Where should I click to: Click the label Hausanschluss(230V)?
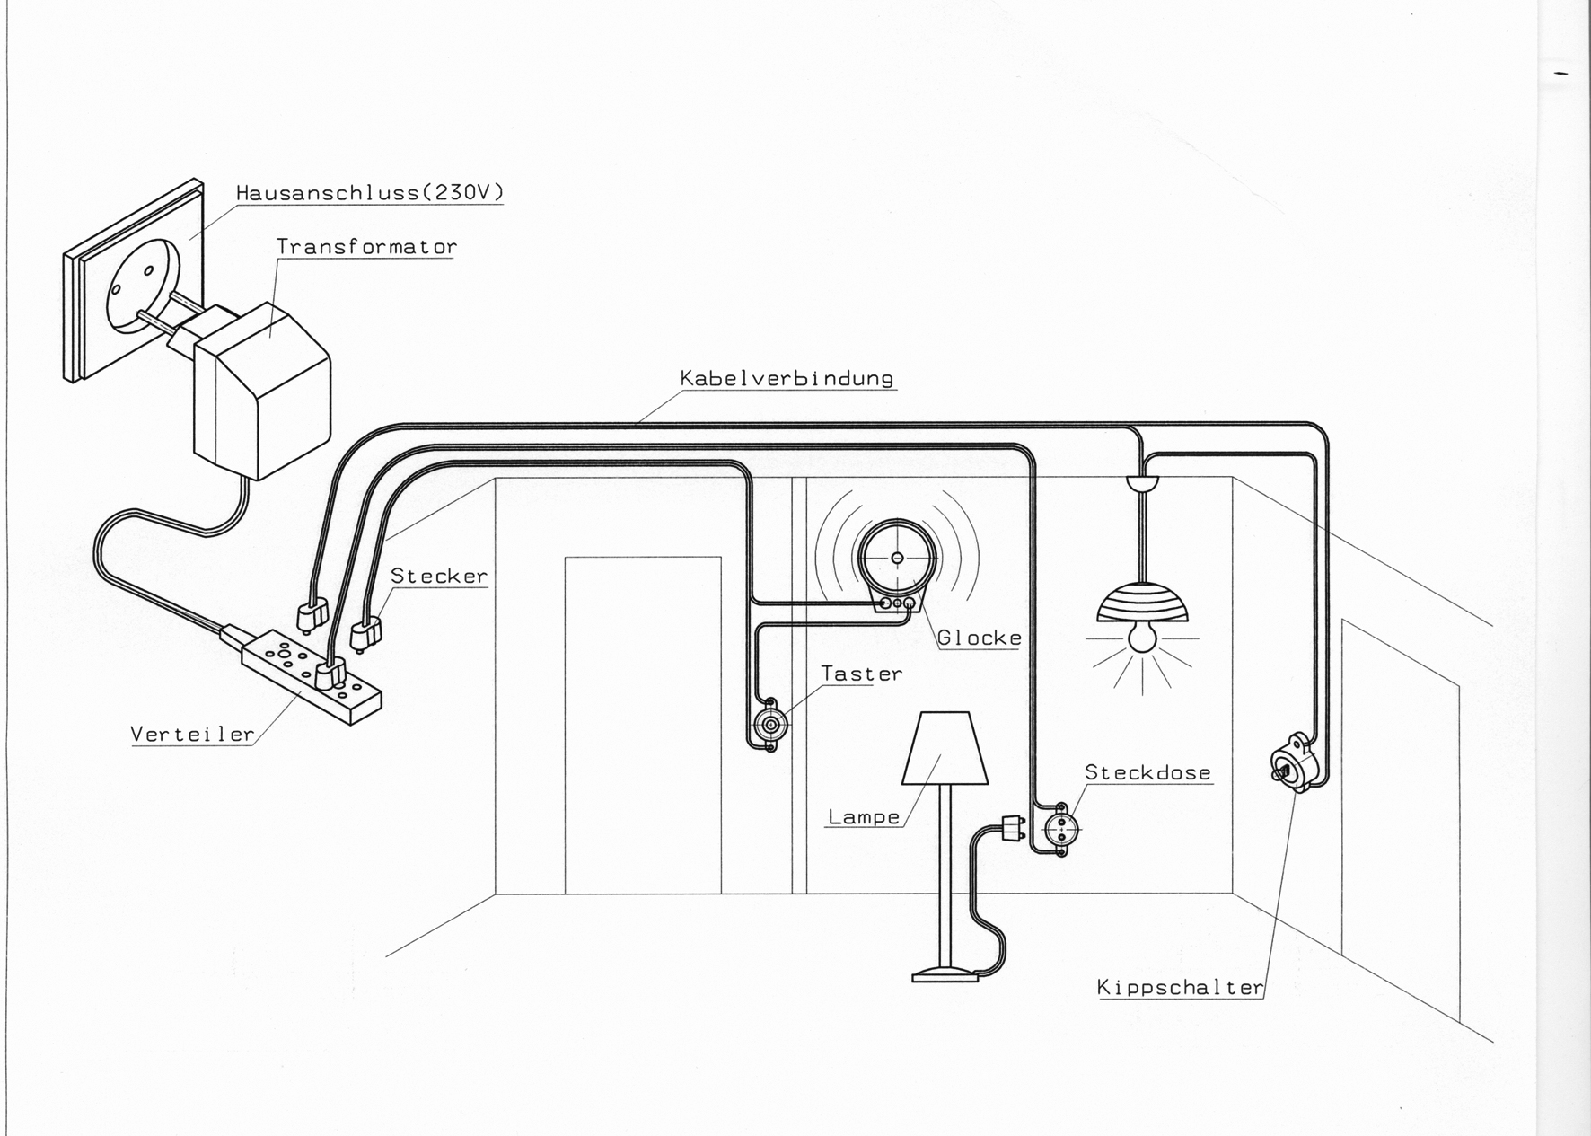[370, 192]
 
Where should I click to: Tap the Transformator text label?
[366, 246]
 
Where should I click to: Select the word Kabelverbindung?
[787, 378]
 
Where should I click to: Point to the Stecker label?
[439, 576]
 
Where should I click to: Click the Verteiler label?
[193, 734]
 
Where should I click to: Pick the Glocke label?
[980, 638]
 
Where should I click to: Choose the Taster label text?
[862, 674]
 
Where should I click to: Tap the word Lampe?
[864, 817]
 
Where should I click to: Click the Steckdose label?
[1147, 772]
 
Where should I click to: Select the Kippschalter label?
[1181, 988]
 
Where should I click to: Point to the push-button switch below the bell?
[770, 724]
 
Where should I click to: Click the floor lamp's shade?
[945, 749]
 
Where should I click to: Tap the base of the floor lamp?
[945, 974]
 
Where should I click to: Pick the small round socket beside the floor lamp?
[1060, 830]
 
